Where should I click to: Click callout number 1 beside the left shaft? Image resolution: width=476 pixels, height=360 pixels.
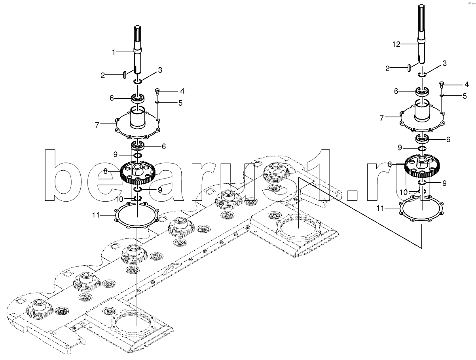[113, 51]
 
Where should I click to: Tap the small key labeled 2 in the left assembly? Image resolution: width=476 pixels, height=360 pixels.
[125, 74]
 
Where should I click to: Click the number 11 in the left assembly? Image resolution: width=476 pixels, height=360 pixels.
[95, 215]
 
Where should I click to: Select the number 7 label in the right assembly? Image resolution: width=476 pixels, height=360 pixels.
[381, 118]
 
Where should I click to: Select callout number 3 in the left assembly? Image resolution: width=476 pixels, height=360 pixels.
[160, 70]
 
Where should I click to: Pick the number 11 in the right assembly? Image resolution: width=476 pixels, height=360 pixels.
[380, 208]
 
